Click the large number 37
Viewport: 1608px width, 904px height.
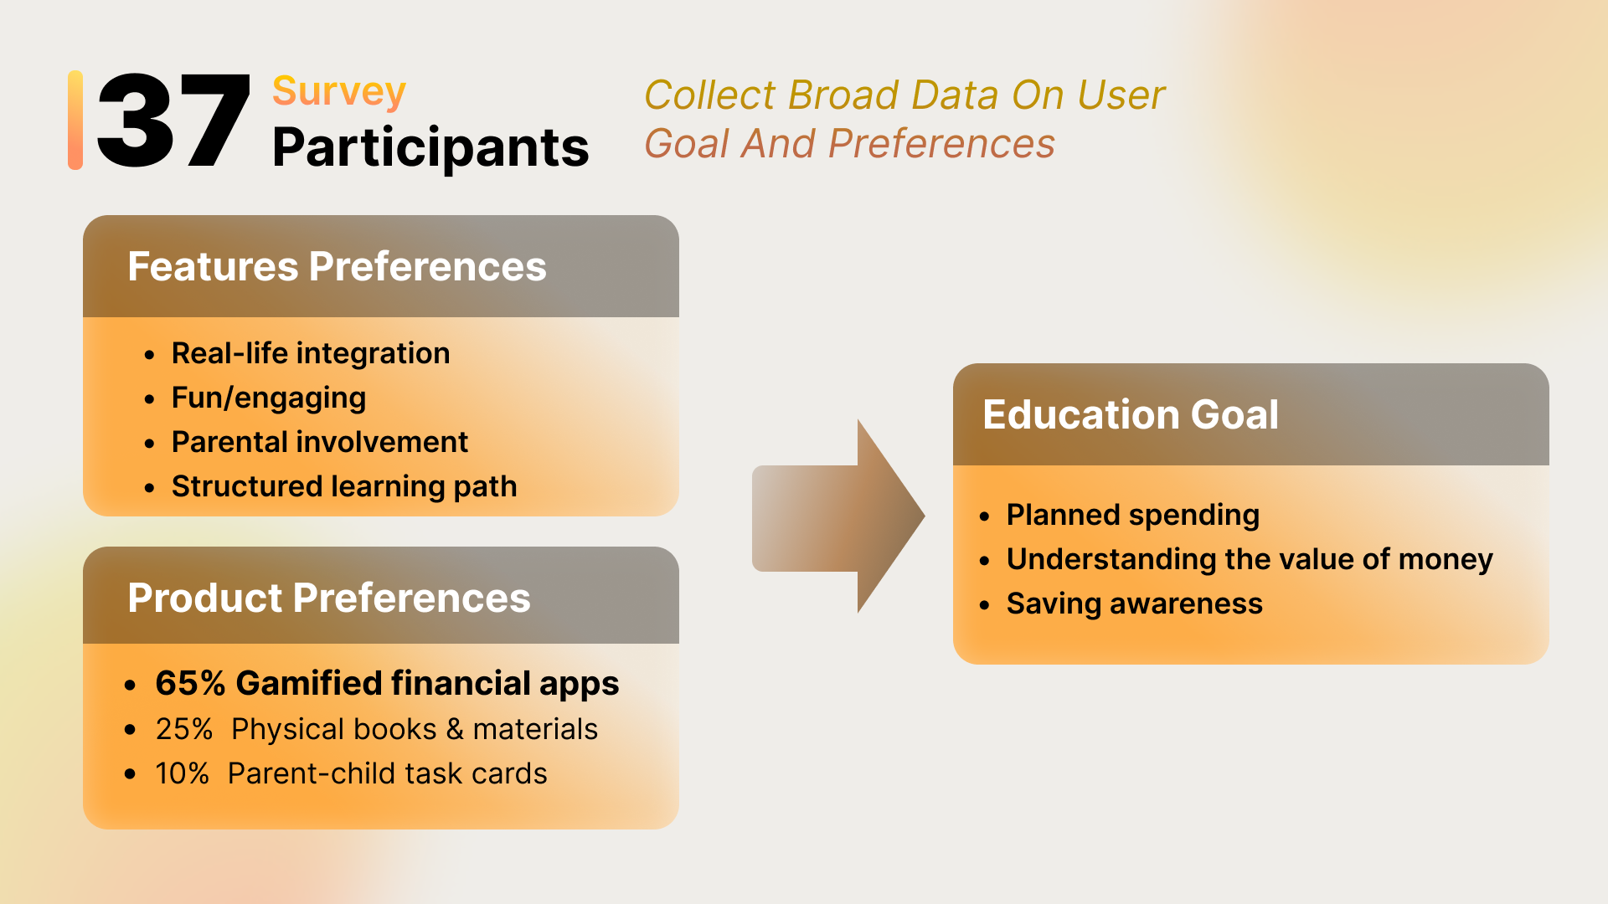[x=174, y=121]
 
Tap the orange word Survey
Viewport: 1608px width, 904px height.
[x=339, y=92]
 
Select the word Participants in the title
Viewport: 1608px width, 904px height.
[x=430, y=148]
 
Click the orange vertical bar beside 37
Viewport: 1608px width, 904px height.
[x=75, y=121]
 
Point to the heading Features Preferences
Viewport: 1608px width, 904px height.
[x=337, y=266]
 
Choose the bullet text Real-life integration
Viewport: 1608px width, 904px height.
[x=311, y=353]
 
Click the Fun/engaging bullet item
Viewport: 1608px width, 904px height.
[x=269, y=398]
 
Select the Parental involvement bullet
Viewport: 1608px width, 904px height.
[x=320, y=442]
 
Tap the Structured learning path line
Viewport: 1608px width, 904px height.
[x=344, y=486]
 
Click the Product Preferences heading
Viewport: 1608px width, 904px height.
[x=329, y=598]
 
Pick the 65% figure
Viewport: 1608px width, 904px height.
[x=191, y=683]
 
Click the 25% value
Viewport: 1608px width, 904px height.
[x=184, y=729]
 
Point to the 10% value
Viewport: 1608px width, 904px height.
[x=182, y=773]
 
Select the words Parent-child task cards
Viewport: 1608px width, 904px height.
[x=388, y=773]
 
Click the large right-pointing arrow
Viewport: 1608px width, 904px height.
[x=838, y=517]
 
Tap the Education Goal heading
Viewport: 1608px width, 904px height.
[x=1131, y=414]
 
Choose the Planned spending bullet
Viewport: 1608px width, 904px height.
[x=1133, y=515]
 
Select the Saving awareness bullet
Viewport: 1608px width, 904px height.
[x=1135, y=604]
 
